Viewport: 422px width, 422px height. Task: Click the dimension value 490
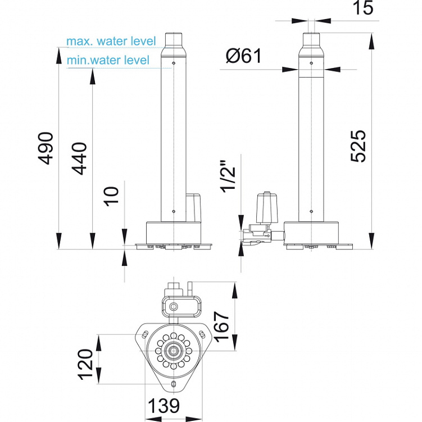(x=45, y=148)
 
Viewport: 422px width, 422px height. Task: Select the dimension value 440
(x=79, y=158)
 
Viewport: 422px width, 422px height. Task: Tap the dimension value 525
(x=359, y=146)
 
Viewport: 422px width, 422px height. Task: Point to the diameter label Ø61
(x=243, y=56)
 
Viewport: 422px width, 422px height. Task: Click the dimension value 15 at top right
(x=363, y=7)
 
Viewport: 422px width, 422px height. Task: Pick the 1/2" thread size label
(x=228, y=177)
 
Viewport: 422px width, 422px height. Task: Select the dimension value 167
(x=221, y=327)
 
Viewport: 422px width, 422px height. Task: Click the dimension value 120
(x=85, y=365)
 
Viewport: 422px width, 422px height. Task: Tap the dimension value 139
(x=164, y=406)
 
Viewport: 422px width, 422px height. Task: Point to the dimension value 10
(x=111, y=196)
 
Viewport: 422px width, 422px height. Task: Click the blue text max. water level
(x=111, y=41)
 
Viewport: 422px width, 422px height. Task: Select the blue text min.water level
(x=108, y=60)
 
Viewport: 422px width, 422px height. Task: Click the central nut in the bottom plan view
(x=173, y=351)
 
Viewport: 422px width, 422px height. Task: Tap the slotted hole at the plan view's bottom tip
(x=174, y=384)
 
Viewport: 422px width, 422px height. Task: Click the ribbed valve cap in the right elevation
(x=267, y=207)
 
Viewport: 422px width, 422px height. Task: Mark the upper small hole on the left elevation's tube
(x=174, y=63)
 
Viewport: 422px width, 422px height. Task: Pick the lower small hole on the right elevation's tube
(x=311, y=211)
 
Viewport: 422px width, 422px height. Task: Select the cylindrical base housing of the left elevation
(x=174, y=232)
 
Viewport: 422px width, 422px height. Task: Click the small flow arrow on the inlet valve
(x=267, y=236)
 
